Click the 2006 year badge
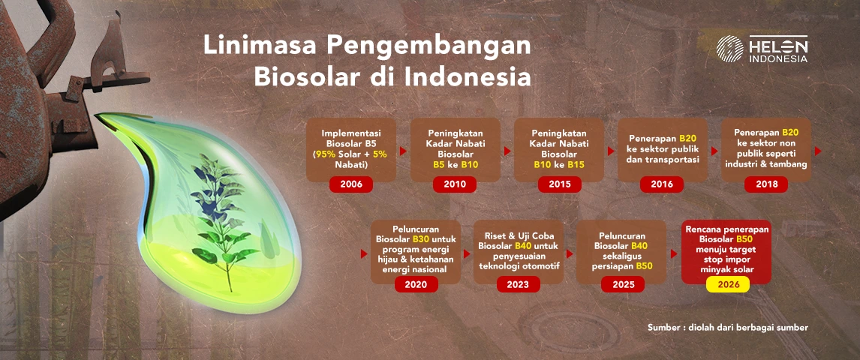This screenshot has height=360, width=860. point(351,184)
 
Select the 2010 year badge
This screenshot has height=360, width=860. point(455,184)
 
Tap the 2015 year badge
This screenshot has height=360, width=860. point(559,184)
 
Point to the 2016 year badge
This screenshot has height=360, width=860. point(662,184)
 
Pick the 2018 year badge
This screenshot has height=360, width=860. point(766,184)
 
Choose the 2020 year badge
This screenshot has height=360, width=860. point(416,284)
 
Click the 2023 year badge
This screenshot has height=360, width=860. point(519,284)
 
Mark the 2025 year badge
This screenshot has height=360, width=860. point(623,284)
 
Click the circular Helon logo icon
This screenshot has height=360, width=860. point(730,49)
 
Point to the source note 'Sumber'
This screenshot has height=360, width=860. point(664,327)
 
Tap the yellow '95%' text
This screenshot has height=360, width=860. point(323,154)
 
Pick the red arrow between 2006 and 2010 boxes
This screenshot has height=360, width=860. point(403,151)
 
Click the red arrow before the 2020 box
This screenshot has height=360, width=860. point(364,253)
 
